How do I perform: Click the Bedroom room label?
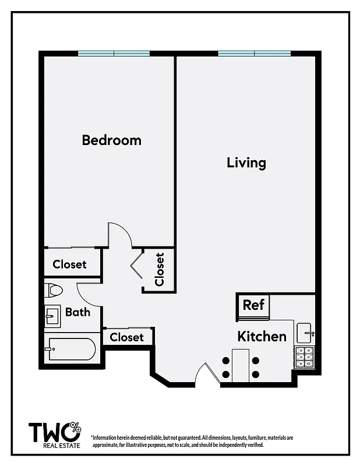[111, 140]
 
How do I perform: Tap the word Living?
[246, 162]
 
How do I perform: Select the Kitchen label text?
[262, 337]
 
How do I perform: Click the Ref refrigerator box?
[253, 305]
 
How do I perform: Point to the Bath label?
[77, 312]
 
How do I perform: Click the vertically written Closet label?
[159, 269]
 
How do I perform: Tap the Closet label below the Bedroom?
[69, 264]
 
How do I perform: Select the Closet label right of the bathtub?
[126, 337]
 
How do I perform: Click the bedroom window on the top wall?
[114, 54]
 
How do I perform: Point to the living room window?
[254, 54]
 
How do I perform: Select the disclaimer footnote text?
[192, 441]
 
